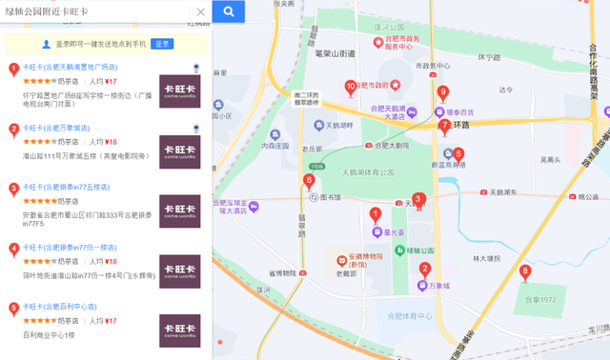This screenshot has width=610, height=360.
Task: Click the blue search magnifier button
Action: tap(229, 11)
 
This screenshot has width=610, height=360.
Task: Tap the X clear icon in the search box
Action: tap(200, 12)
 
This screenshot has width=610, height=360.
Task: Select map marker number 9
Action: tap(442, 93)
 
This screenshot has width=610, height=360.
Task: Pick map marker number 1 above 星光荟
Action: tap(376, 215)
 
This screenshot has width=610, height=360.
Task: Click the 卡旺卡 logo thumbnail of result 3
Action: tap(179, 211)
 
